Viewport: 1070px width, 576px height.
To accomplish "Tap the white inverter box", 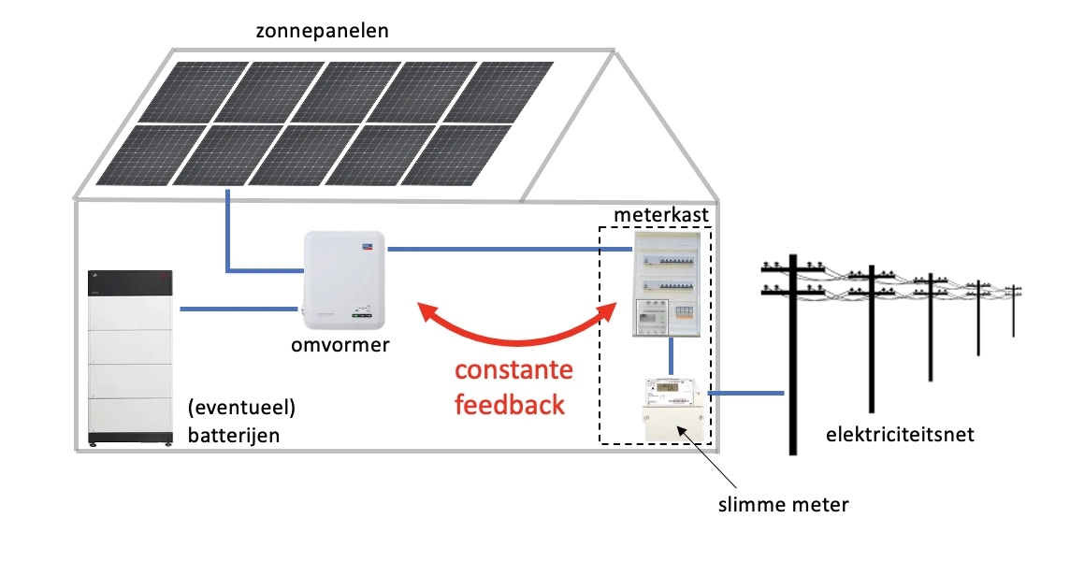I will pos(344,281).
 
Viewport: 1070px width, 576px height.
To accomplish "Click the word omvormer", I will pos(340,346).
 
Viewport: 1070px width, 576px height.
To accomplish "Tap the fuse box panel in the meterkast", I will pos(666,284).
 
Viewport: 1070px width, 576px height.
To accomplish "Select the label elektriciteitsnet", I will pos(900,435).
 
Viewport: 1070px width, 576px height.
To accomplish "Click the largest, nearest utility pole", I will pos(793,355).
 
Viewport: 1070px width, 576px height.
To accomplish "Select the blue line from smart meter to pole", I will pos(745,394).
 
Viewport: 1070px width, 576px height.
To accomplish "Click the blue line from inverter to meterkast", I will pos(496,249).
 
